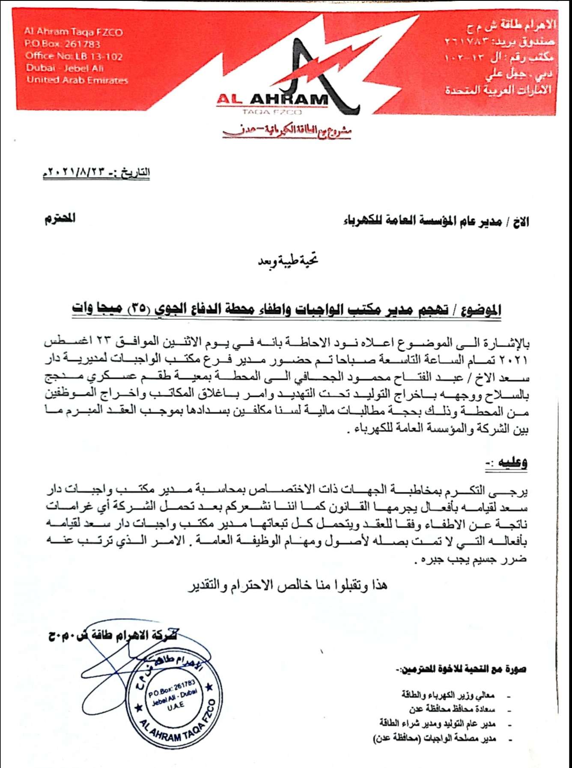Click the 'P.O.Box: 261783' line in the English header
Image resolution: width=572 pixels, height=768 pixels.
pyautogui.click(x=63, y=44)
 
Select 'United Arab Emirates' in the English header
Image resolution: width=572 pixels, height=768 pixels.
pyautogui.click(x=77, y=80)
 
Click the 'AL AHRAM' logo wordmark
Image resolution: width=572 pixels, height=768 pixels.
pyautogui.click(x=272, y=99)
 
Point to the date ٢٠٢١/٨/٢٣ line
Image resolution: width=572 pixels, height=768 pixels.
pyautogui.click(x=96, y=172)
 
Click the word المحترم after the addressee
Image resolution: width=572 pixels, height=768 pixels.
pyautogui.click(x=60, y=219)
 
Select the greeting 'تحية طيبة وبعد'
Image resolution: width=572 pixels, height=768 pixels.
pyautogui.click(x=288, y=260)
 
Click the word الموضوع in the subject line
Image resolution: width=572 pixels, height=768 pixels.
pyautogui.click(x=482, y=310)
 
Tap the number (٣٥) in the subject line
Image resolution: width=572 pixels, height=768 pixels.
pyautogui.click(x=138, y=308)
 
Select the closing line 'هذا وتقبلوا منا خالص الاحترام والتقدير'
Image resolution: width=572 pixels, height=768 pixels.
pyautogui.click(x=288, y=585)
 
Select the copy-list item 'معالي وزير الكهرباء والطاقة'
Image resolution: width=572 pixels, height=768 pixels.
pyautogui.click(x=448, y=695)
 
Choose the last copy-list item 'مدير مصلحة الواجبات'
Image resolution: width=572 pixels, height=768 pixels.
pyautogui.click(x=435, y=738)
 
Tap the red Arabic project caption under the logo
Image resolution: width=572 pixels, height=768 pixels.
pyautogui.click(x=287, y=131)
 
